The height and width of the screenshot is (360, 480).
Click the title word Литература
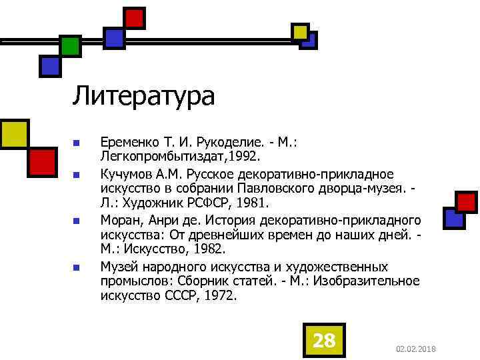click(x=143, y=96)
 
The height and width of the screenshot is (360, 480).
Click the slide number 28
click(x=324, y=341)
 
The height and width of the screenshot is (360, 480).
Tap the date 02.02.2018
click(x=415, y=349)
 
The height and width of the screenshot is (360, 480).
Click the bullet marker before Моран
click(x=76, y=221)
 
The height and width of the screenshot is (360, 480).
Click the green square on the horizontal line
click(x=70, y=45)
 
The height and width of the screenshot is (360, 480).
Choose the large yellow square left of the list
click(x=13, y=133)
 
